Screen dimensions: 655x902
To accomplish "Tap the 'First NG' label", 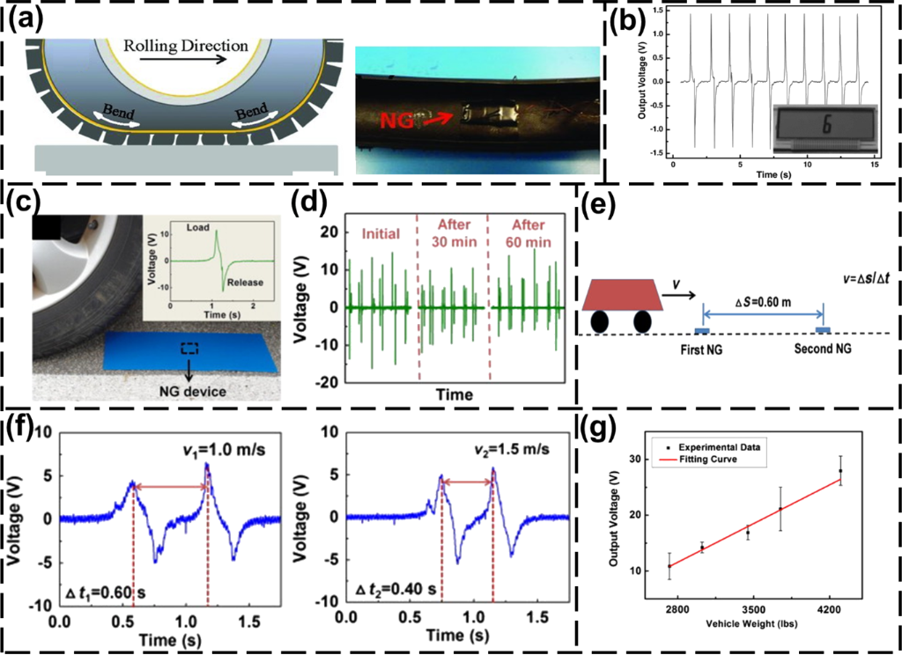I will point(704,349).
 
